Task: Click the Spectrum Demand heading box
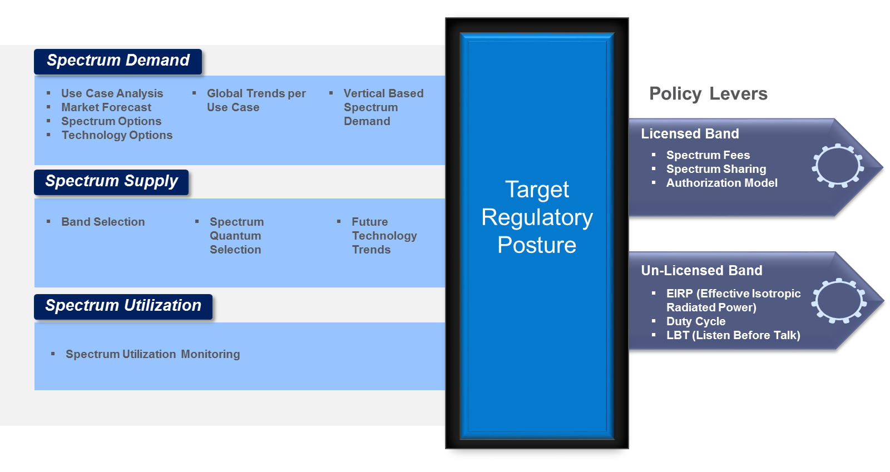tap(118, 61)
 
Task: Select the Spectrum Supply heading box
tap(111, 182)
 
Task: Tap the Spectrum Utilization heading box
tap(123, 306)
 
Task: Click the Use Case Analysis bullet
tap(112, 93)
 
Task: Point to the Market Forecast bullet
tap(106, 107)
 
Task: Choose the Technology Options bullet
tap(117, 135)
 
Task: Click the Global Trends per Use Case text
tap(256, 100)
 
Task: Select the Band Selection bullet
tap(103, 222)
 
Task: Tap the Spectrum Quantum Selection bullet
tap(236, 236)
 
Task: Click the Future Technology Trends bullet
tap(384, 236)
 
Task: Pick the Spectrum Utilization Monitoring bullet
tap(152, 354)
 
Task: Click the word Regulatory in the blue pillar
tap(537, 217)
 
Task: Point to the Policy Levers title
tap(708, 94)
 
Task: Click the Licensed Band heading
tap(690, 134)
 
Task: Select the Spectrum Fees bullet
tap(708, 155)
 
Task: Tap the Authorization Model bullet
tap(721, 183)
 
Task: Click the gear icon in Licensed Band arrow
tap(838, 166)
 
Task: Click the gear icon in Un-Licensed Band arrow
tap(839, 301)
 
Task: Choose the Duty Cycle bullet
tap(695, 321)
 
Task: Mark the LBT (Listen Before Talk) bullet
tap(733, 335)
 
